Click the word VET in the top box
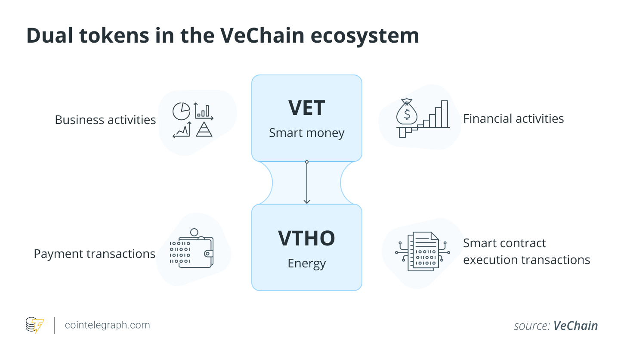pyautogui.click(x=306, y=108)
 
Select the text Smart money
pyautogui.click(x=306, y=133)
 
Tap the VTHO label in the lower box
pyautogui.click(x=306, y=238)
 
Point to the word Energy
pyautogui.click(x=306, y=263)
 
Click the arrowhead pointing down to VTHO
pyautogui.click(x=307, y=201)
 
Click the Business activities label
pyautogui.click(x=105, y=120)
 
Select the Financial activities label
pyautogui.click(x=513, y=118)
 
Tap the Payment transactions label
pyautogui.click(x=94, y=254)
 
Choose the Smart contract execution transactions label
pyautogui.click(x=526, y=251)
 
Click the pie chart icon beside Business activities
pyautogui.click(x=181, y=111)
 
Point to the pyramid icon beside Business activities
pyautogui.click(x=204, y=129)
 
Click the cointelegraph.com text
pyautogui.click(x=107, y=325)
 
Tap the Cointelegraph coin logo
pyautogui.click(x=34, y=325)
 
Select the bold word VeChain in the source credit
pyautogui.click(x=575, y=326)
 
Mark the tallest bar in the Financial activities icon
pyautogui.click(x=444, y=114)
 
